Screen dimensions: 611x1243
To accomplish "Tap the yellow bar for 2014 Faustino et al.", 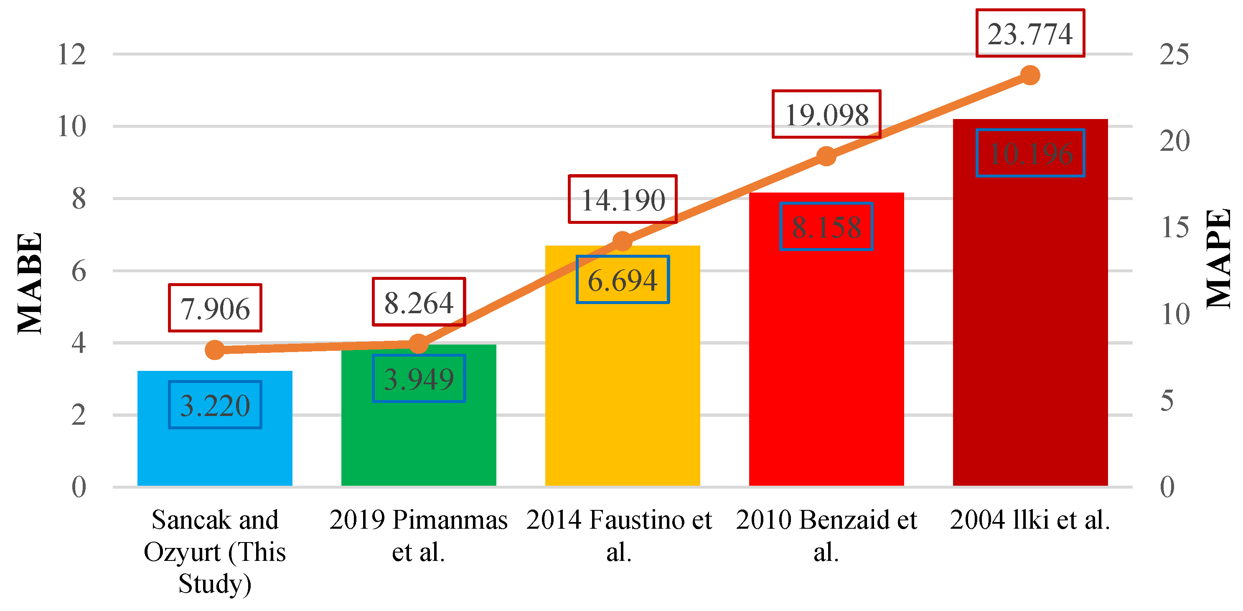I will tap(623, 386).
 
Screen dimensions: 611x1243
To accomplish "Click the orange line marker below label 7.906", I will tap(215, 350).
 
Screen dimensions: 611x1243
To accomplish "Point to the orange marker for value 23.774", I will tap(1030, 75).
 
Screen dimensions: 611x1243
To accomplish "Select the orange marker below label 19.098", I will tap(826, 156).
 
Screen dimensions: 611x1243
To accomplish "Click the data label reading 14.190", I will tap(623, 200).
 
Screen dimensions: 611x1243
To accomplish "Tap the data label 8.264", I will tap(418, 302).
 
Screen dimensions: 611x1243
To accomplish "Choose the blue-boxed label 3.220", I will tap(215, 405).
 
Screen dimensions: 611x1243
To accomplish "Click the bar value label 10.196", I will tap(1030, 153).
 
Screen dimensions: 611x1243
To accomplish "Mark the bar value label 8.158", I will tap(826, 227).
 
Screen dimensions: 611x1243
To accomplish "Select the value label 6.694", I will tap(623, 280).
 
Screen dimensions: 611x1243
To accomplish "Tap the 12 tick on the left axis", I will tap(71, 54).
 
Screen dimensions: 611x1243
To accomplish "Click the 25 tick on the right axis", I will tap(1174, 54).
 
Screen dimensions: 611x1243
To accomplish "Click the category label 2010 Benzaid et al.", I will tap(826, 535).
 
